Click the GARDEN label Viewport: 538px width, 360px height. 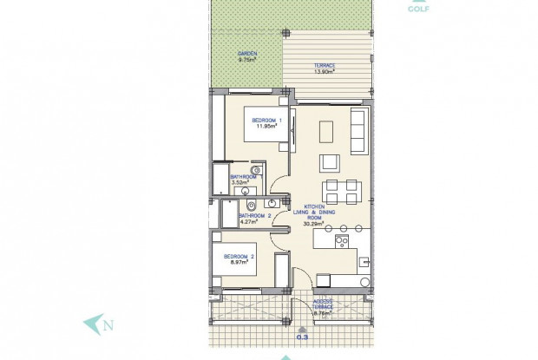247,53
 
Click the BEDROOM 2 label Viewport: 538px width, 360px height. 238,257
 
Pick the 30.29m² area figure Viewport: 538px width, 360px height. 313,223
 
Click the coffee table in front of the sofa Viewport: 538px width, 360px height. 326,131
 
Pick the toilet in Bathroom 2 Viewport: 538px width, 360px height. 250,206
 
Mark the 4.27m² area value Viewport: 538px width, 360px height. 238,222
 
